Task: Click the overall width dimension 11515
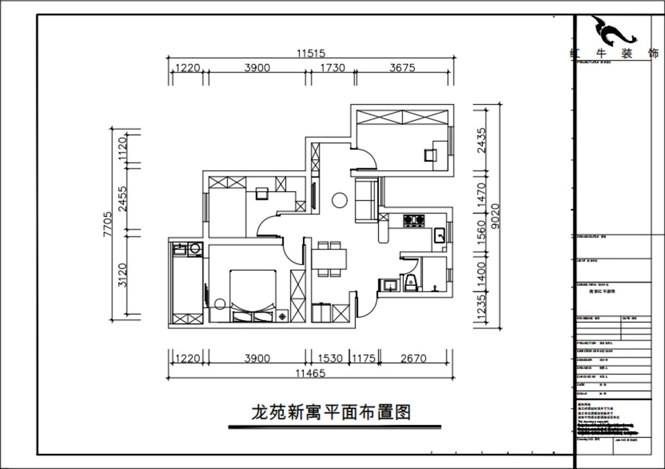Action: click(310, 54)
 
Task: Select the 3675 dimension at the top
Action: click(402, 68)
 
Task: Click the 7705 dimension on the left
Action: click(108, 225)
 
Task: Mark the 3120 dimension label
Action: click(123, 275)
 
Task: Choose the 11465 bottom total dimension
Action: click(310, 374)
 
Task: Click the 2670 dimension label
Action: click(413, 359)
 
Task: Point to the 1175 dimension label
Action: click(364, 359)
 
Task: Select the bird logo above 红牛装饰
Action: click(614, 32)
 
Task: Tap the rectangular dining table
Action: click(329, 258)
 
